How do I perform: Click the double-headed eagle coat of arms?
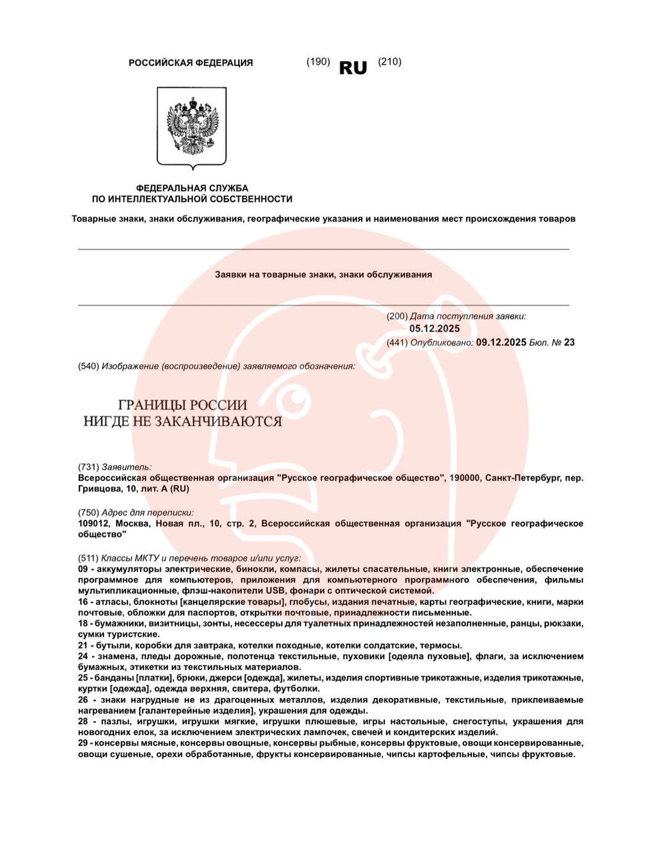coord(192,126)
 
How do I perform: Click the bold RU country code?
coord(353,67)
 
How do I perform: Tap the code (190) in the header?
coord(318,61)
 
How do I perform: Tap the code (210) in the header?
coord(390,61)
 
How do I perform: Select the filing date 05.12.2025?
coord(434,328)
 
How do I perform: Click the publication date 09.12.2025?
coord(501,342)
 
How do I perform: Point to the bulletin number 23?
coord(569,342)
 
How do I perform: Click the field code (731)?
coord(89,467)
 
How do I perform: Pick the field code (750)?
coord(89,512)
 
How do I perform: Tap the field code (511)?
coord(89,558)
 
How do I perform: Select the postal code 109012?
coord(95,524)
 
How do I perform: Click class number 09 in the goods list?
coord(83,569)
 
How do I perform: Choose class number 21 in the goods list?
coord(83,645)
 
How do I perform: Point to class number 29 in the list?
coord(83,743)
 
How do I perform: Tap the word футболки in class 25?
coord(300,689)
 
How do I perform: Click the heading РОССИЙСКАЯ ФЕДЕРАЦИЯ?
coord(191,63)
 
